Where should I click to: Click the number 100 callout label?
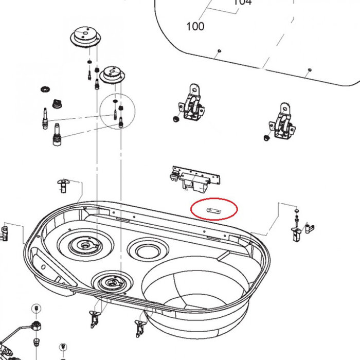(x=194, y=26)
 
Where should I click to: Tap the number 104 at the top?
(x=242, y=3)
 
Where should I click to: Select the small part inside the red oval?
(x=213, y=210)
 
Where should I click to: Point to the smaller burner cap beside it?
(x=112, y=75)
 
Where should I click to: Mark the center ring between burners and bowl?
(x=147, y=250)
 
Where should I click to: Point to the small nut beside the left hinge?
(x=176, y=119)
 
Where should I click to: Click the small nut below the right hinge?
(x=266, y=138)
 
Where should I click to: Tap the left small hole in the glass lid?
(x=219, y=50)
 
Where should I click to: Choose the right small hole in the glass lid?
(x=310, y=69)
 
